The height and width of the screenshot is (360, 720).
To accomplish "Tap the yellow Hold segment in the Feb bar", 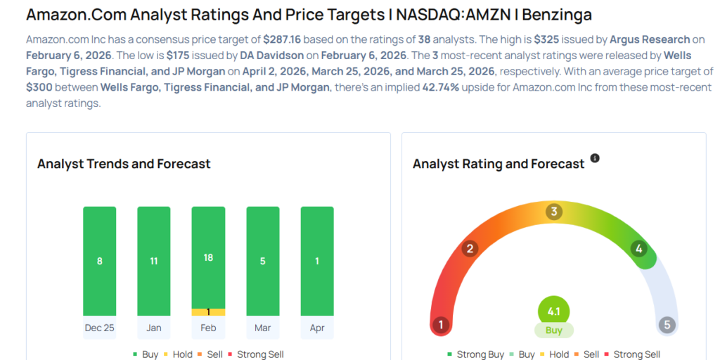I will coord(208,311).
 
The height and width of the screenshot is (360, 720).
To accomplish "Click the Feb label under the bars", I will coord(208,328).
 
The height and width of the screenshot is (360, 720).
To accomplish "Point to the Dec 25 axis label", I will coord(99,328).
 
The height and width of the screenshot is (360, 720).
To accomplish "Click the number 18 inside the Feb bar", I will coord(208,257).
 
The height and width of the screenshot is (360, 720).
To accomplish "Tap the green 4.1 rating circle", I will coord(553,310).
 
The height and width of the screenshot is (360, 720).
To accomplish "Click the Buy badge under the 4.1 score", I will coord(553,330).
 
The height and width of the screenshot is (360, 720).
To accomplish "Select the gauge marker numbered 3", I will coord(554,212).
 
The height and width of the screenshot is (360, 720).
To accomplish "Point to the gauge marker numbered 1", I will coord(441,325).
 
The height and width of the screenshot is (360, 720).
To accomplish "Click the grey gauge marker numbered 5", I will coord(667,325).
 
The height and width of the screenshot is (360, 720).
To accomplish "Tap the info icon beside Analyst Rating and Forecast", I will coord(595,158).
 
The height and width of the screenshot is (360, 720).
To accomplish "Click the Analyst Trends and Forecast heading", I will coord(124,164).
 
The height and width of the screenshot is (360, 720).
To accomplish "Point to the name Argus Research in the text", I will coord(650,39).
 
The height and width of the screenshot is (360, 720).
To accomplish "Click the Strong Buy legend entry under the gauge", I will coord(475,354).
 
